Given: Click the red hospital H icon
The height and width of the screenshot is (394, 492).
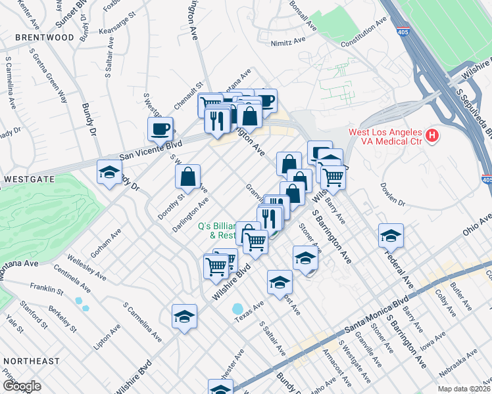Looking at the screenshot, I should pos(431,136).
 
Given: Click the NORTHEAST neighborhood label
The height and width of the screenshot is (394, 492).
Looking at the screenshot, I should pos(31,361).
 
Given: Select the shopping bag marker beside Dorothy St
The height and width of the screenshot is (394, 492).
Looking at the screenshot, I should pos(187,176).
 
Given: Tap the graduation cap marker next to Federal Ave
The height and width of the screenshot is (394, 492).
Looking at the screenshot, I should pos(391,234).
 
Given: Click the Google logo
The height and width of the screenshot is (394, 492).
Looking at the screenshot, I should pos(22,386).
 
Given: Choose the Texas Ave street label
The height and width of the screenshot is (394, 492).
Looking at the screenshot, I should pos(249,312).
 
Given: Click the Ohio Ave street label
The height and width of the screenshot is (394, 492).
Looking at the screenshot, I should pos(476,227).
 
